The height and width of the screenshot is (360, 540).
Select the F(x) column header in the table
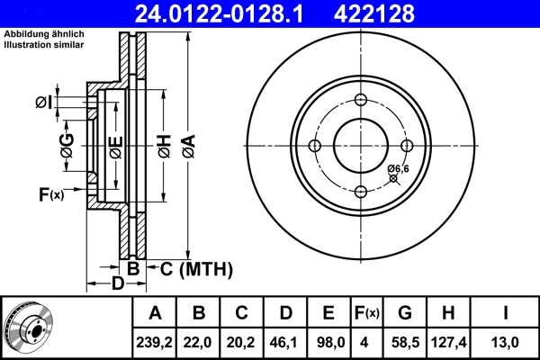tap(365, 312)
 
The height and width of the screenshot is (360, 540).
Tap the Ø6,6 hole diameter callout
tap(399, 169)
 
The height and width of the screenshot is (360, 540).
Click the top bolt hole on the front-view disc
tap(360, 101)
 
